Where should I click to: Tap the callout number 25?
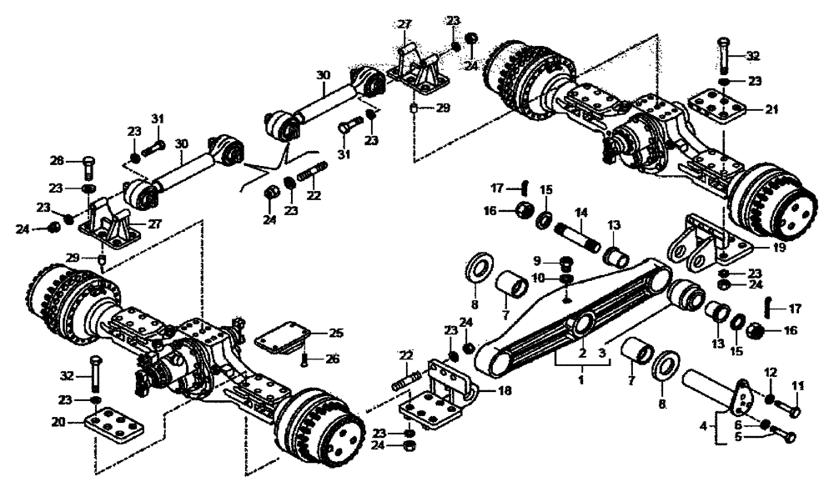click(x=335, y=333)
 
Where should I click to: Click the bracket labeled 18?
click(x=438, y=392)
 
